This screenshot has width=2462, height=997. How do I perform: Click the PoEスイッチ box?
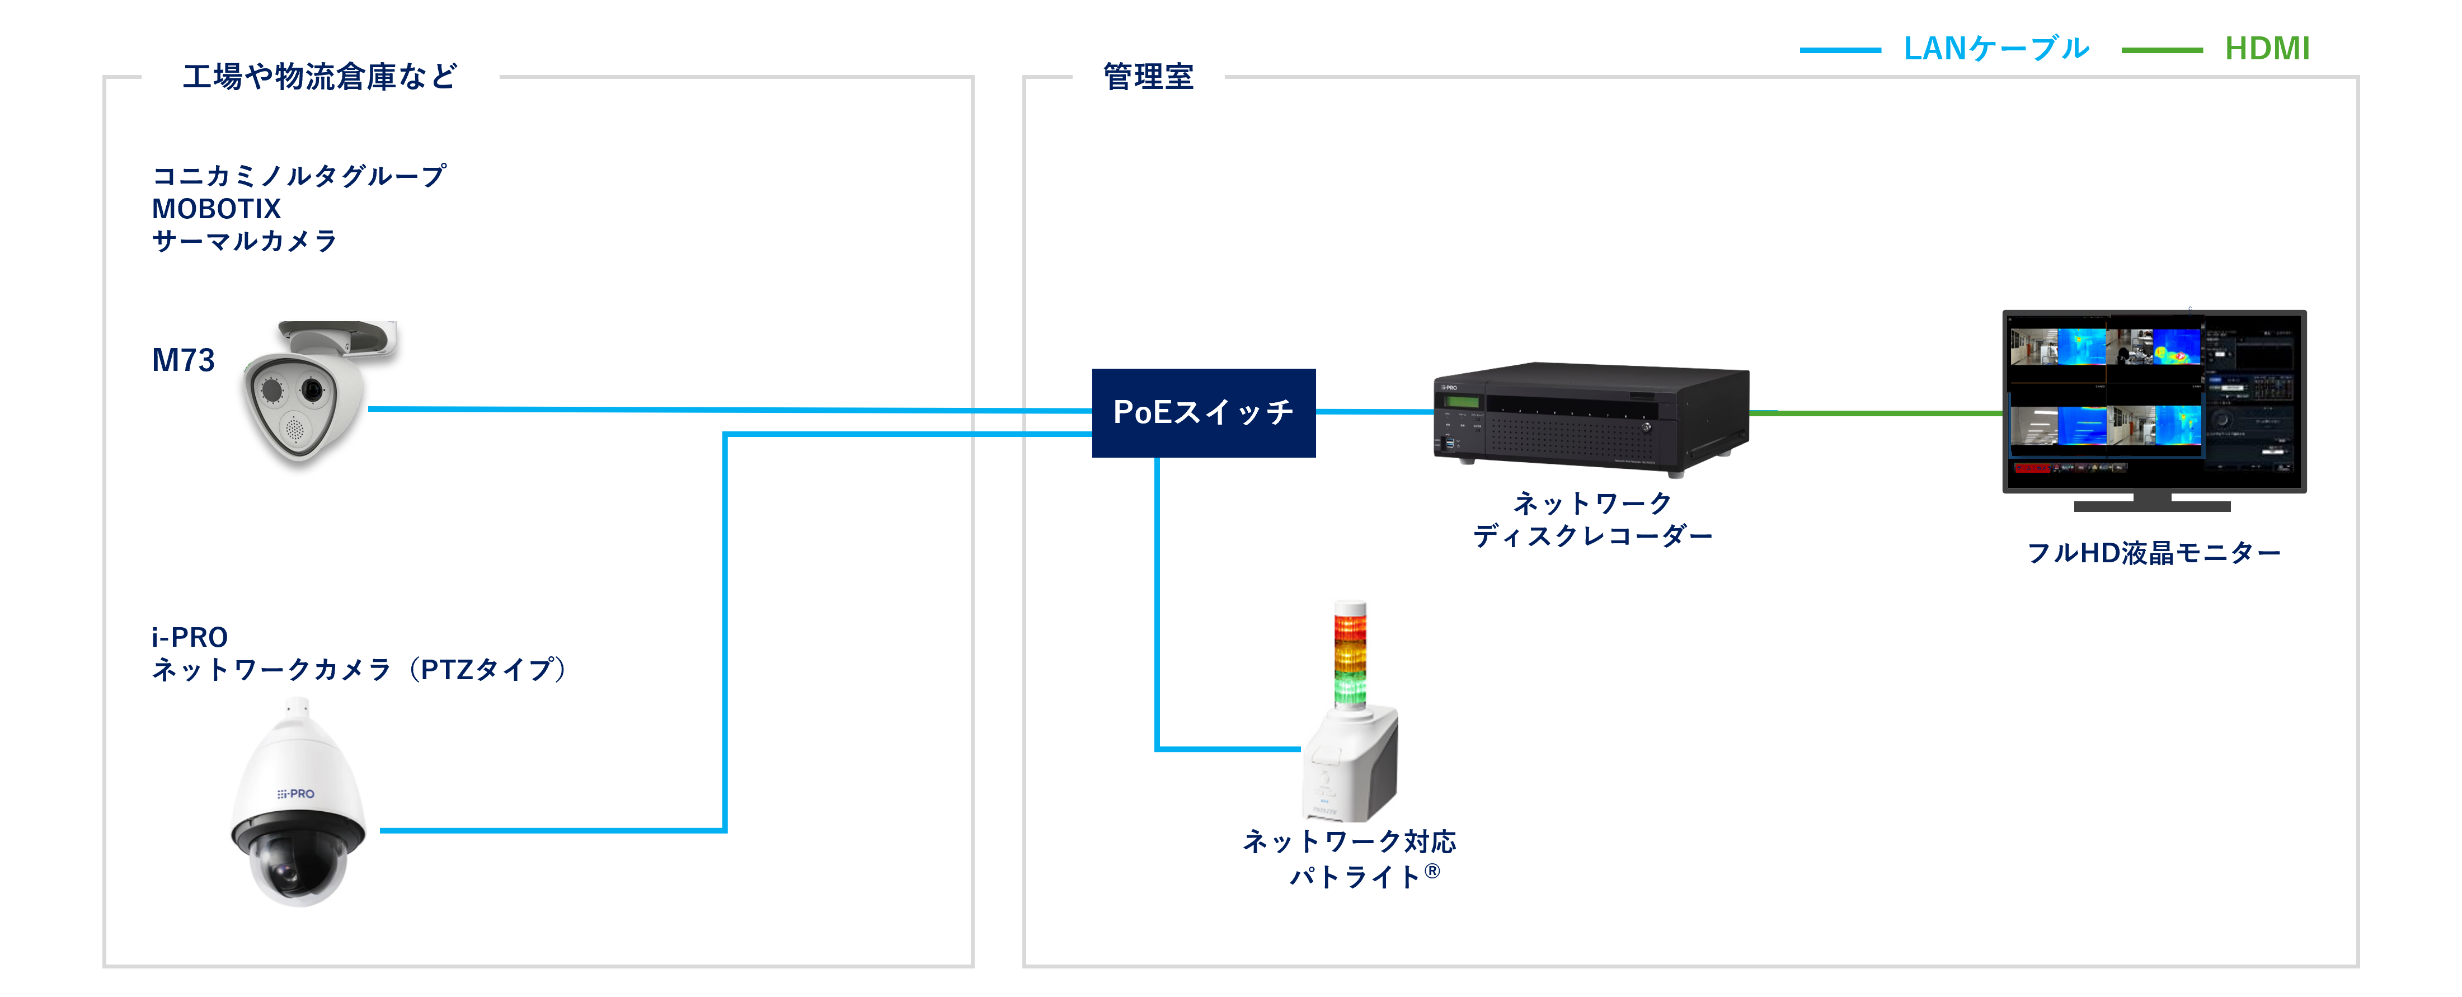[x=1203, y=413]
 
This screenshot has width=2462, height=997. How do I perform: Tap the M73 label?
[x=184, y=360]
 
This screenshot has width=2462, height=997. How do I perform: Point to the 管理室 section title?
[x=1148, y=77]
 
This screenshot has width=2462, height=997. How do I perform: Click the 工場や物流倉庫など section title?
[x=319, y=77]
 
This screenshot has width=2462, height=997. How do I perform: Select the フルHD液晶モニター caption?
[x=2153, y=553]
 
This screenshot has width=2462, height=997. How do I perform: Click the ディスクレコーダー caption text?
[x=1592, y=536]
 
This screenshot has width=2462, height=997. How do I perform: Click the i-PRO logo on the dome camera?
[x=297, y=793]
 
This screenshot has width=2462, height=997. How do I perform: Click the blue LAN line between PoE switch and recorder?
[x=1374, y=412]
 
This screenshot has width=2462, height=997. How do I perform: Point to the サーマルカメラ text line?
[x=245, y=241]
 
